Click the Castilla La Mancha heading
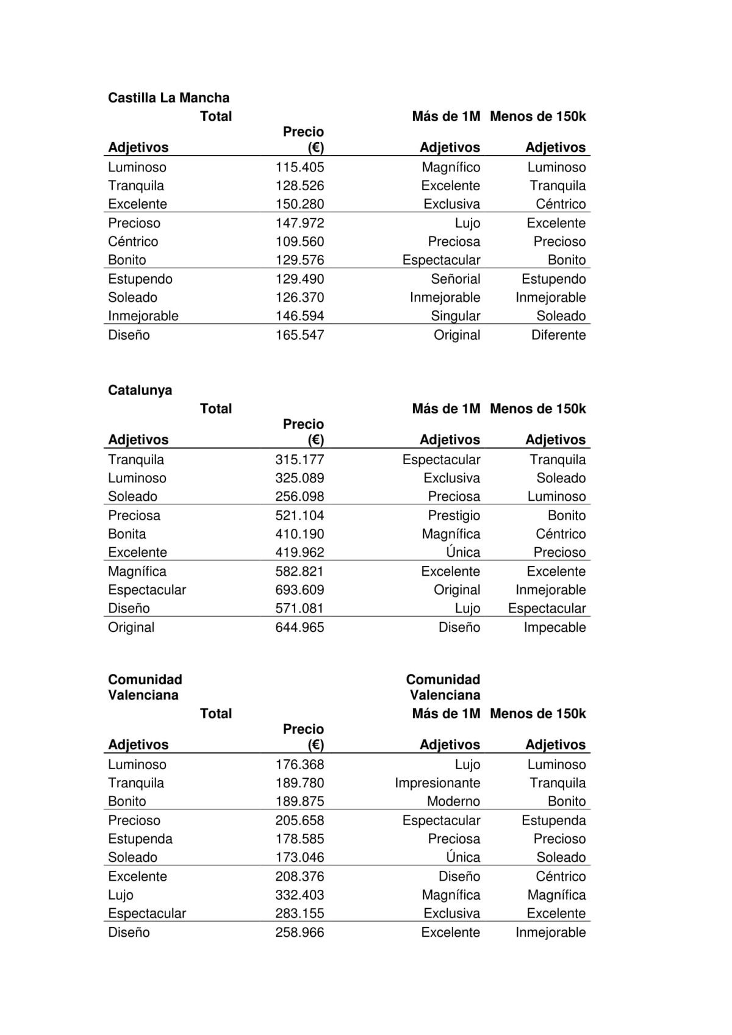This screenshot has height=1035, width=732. tap(168, 98)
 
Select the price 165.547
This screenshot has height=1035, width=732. tap(300, 335)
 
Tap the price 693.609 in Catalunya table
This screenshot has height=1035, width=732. tap(300, 590)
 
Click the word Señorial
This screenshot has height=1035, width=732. tap(455, 279)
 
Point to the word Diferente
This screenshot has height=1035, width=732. tap(558, 335)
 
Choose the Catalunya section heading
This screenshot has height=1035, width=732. tap(140, 390)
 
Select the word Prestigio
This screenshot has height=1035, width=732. tap(454, 515)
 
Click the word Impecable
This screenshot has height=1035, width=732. tap(554, 627)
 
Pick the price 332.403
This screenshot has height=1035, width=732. tap(300, 895)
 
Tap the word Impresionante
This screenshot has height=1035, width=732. tap(437, 783)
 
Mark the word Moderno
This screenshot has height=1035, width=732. tap(453, 801)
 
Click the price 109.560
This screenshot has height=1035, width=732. tap(300, 242)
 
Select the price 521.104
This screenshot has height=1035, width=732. tap(300, 515)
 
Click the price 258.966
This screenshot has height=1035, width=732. tap(300, 932)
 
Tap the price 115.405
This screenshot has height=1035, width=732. tap(300, 167)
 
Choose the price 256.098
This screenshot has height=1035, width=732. tap(300, 496)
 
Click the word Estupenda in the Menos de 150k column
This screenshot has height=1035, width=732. tap(553, 820)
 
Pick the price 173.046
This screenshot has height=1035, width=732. tap(300, 857)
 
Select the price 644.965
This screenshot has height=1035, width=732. tap(300, 627)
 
